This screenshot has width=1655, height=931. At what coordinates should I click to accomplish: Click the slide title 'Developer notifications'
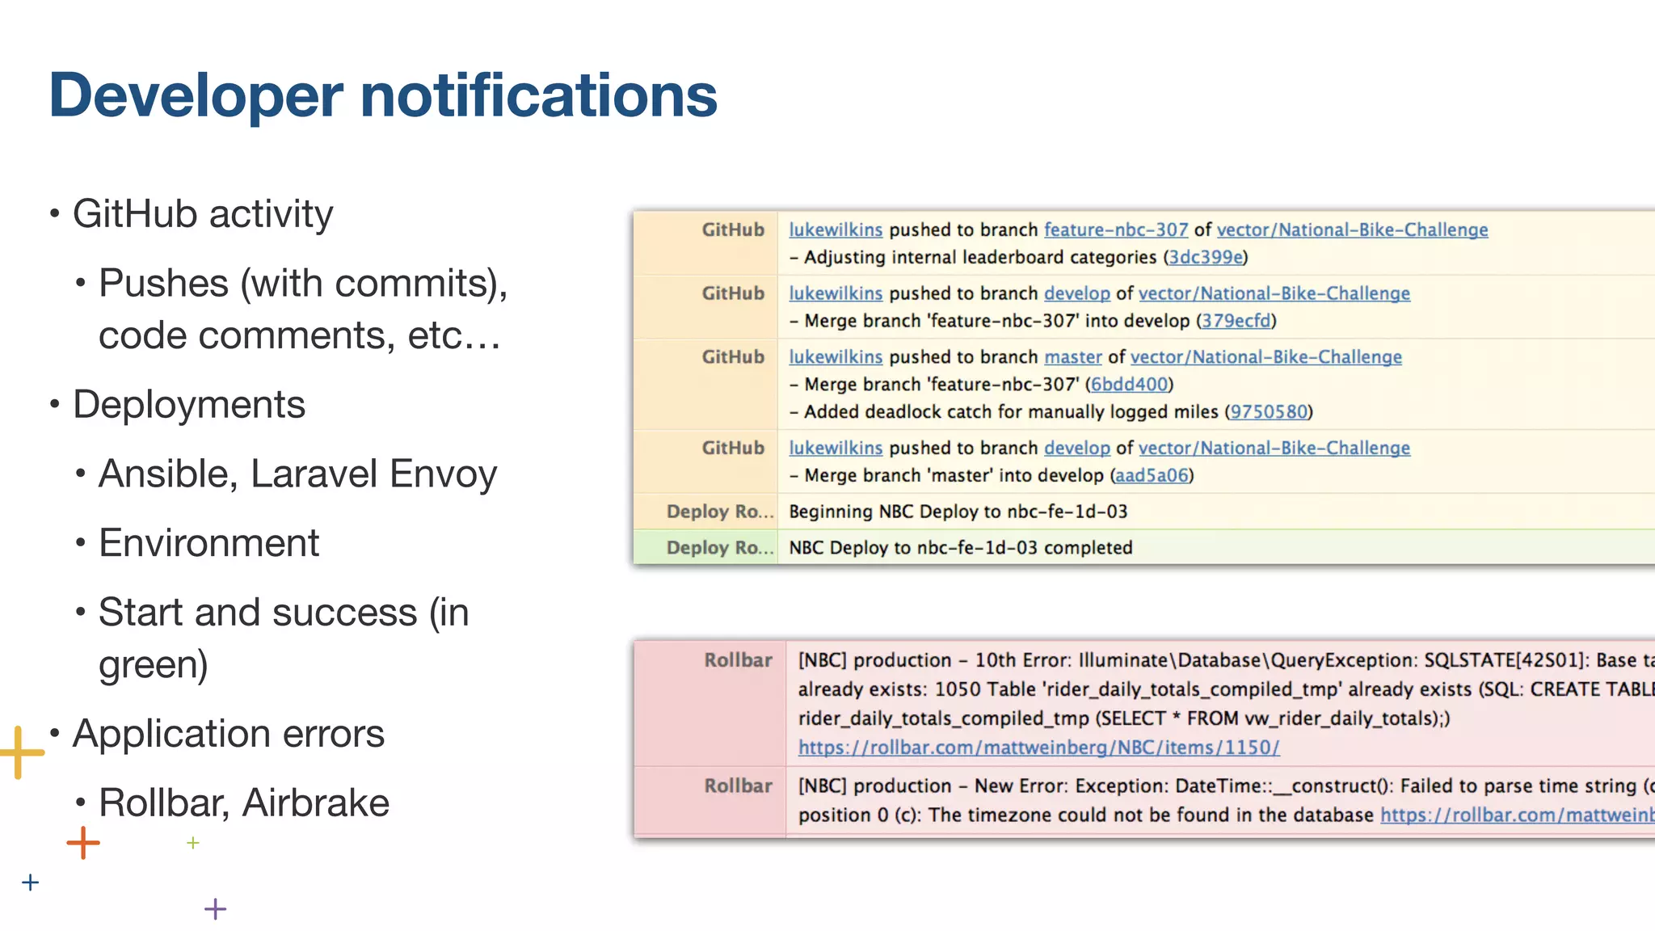coord(382,95)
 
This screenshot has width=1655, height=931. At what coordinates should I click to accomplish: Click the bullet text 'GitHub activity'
coord(202,214)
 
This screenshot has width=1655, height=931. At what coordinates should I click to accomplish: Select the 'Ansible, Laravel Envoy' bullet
coord(297,474)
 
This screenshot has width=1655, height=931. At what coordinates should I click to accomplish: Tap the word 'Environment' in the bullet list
coord(208,543)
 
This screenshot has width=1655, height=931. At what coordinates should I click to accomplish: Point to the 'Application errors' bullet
coord(228,734)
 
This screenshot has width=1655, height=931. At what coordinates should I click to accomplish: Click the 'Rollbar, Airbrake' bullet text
coord(243,803)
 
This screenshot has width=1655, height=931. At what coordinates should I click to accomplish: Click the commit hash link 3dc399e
coord(1206,257)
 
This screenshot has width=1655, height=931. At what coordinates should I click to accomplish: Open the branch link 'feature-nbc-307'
coord(1115,230)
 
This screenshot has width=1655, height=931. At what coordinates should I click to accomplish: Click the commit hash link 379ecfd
coord(1236,321)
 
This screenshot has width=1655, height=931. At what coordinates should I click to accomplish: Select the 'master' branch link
coord(1072,357)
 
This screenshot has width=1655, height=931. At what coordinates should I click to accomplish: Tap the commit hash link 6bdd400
coord(1129,385)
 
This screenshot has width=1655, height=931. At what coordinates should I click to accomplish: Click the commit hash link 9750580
coord(1268,412)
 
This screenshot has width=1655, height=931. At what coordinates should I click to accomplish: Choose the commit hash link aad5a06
coord(1151,475)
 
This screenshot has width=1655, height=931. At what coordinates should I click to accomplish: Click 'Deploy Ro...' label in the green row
coord(718,548)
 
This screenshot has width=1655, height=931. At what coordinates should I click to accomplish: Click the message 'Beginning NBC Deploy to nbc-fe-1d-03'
coord(958,512)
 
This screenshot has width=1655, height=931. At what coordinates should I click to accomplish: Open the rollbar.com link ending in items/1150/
coord(1038,748)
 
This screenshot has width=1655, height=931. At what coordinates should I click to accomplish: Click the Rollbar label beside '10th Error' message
coord(737,660)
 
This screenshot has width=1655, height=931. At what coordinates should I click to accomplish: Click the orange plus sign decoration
coord(83,843)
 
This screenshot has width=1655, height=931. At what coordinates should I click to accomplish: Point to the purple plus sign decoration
coord(215,909)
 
